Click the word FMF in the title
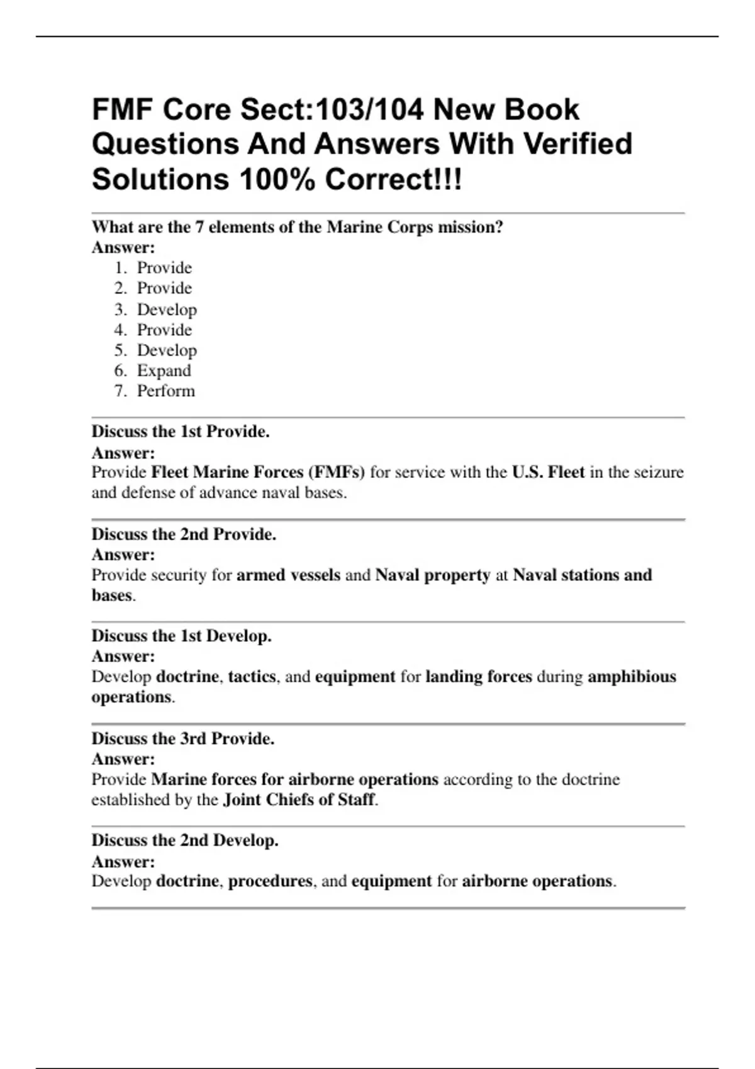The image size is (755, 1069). coord(121,110)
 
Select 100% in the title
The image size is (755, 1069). coord(277,180)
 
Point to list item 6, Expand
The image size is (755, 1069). coord(164,371)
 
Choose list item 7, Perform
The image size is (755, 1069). coord(166,391)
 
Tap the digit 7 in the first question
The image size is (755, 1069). coord(199,227)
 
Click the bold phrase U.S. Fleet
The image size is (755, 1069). coord(548,472)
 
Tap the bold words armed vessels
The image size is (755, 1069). coord(288,575)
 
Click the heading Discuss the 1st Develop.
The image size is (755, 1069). coord(181,636)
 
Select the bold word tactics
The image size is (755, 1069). coord(252,677)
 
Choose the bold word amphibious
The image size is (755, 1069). coord(632,677)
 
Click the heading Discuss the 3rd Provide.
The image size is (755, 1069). coord(182,738)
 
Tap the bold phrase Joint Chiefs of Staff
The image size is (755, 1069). coord(299,800)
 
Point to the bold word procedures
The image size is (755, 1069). coord(270,881)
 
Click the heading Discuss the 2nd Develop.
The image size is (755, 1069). coord(185,840)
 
